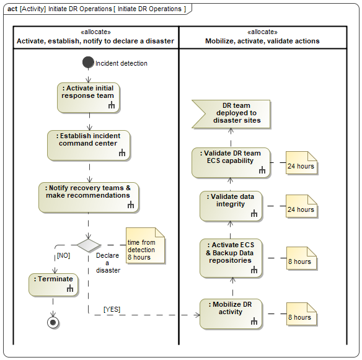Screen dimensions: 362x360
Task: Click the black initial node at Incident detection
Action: pos(88,63)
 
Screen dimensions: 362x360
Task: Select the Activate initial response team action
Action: pos(89,98)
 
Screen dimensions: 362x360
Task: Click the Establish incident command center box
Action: pos(89,146)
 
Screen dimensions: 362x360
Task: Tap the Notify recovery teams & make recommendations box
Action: pos(89,198)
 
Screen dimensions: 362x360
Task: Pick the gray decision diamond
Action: pos(89,245)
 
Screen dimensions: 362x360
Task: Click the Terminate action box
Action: pos(53,285)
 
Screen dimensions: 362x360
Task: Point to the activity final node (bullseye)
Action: pos(53,322)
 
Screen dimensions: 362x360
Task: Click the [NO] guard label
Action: pos(63,256)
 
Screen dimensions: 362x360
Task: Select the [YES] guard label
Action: pos(112,309)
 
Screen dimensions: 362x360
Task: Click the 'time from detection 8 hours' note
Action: pos(145,245)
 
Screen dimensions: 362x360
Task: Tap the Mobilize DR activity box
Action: pos(231,314)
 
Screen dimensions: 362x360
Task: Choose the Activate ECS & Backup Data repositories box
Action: pos(231,258)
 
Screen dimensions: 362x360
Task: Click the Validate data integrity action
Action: pos(231,206)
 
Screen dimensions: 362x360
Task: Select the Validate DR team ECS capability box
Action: pos(231,163)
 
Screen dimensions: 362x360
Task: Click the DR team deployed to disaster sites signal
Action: pos(231,114)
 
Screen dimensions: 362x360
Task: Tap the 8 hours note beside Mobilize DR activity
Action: pos(301,314)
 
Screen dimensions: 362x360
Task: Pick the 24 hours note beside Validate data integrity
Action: pos(301,206)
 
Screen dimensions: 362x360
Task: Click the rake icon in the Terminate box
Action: pos(70,289)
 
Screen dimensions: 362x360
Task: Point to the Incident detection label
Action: pos(121,63)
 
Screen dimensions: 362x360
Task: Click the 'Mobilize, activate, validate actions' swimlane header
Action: pos(262,37)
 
